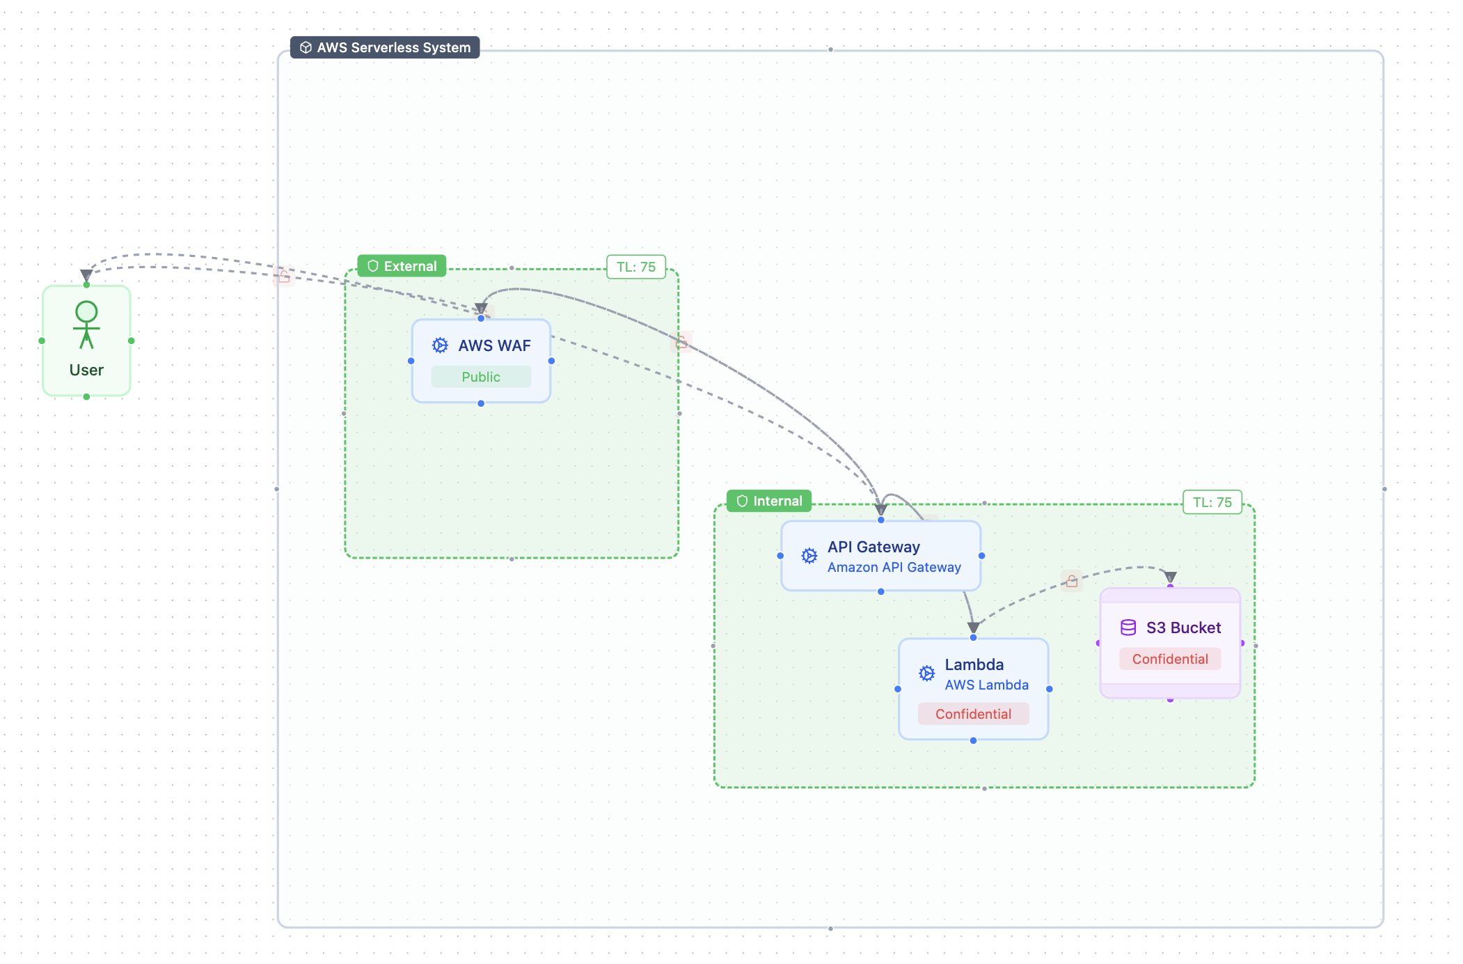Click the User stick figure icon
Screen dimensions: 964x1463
point(86,325)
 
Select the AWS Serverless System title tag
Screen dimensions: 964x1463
point(385,47)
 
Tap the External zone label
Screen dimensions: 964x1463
point(402,266)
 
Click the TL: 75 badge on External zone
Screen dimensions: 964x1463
point(636,267)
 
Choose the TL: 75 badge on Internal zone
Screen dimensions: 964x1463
point(1212,502)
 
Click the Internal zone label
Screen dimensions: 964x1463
point(769,501)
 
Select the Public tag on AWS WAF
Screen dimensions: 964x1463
point(481,377)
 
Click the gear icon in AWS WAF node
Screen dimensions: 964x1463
point(440,345)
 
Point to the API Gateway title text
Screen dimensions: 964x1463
point(873,547)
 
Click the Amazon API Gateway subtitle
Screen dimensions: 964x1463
point(894,567)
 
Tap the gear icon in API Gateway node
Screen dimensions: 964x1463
point(809,556)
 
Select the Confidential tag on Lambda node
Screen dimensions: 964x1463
point(973,714)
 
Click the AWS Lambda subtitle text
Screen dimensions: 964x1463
point(986,685)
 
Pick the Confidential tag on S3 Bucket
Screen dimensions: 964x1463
point(1170,659)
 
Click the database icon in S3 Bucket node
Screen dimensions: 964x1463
point(1128,628)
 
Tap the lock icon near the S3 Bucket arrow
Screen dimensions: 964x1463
point(1072,580)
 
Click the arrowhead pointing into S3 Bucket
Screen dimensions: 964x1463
point(1171,577)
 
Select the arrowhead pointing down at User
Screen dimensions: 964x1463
point(86,275)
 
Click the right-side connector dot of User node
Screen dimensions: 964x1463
point(132,341)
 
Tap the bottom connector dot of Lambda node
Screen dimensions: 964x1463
point(973,740)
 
